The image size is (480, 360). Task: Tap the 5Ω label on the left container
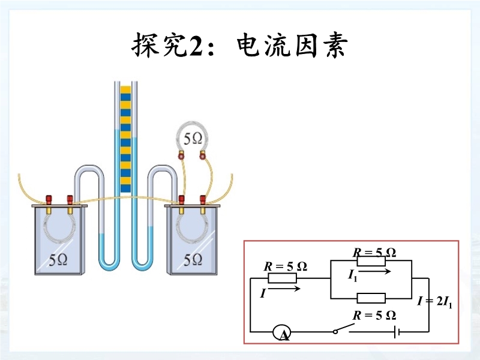click(58, 259)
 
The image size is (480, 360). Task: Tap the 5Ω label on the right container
click(193, 259)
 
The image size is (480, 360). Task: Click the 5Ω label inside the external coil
click(193, 139)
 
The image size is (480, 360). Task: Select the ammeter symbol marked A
click(281, 332)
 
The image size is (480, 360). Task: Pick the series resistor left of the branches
click(282, 279)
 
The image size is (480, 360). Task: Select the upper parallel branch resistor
click(371, 261)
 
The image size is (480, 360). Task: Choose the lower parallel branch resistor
click(371, 298)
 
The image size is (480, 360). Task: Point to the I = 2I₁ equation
click(435, 301)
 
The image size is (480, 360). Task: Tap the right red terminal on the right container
click(203, 199)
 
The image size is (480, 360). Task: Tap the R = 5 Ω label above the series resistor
click(286, 266)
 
